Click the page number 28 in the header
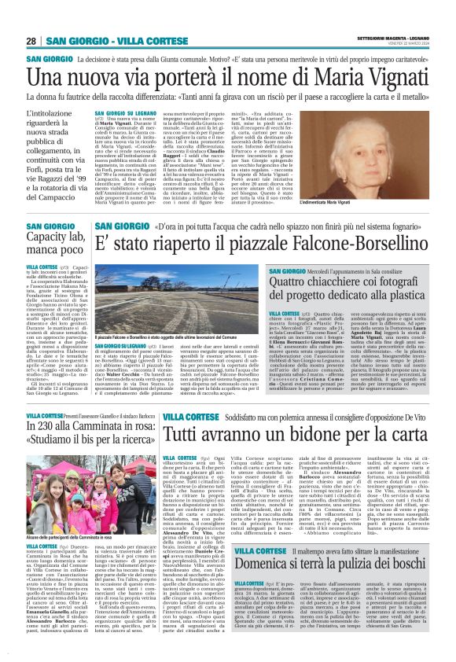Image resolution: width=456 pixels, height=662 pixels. click(31, 41)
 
